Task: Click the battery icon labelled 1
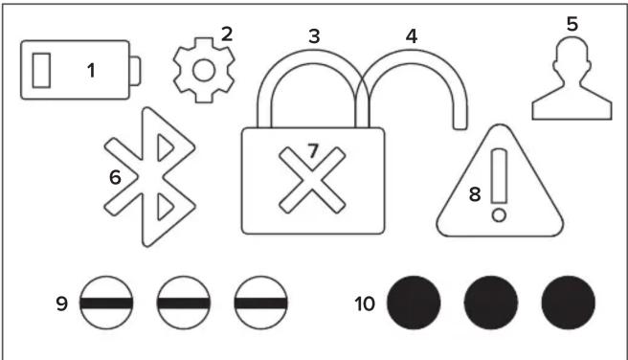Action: point(80,69)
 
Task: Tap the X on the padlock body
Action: point(312,179)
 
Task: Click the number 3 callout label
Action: point(313,34)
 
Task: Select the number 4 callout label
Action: point(411,35)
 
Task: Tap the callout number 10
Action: point(364,304)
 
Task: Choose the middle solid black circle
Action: point(491,304)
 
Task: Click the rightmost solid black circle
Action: point(568,304)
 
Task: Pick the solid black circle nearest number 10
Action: point(414,304)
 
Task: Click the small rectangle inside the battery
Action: point(42,70)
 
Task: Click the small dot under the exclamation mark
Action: point(498,217)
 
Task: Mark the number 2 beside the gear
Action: point(226,34)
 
